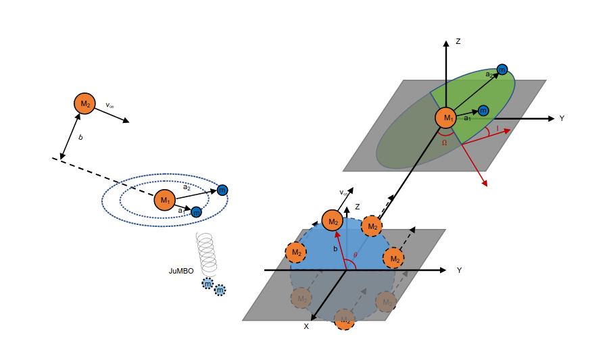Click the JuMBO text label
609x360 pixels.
point(180,271)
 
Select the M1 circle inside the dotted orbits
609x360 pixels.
point(164,200)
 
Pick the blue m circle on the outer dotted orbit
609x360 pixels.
point(222,190)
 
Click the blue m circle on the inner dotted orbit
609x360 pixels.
point(196,212)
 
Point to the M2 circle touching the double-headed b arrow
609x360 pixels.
point(84,103)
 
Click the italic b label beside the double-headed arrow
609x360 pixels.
point(80,138)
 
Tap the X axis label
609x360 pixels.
point(306,326)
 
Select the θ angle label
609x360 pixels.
point(355,256)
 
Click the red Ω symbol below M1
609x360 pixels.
point(444,143)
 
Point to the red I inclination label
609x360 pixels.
point(497,128)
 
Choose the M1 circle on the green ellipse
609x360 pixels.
point(446,118)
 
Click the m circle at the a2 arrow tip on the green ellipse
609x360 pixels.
point(502,70)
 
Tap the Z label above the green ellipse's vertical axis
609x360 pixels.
point(458,42)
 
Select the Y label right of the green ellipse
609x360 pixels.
point(562,118)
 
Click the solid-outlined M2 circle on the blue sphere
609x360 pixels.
point(332,220)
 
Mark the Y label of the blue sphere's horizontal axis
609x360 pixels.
point(459,270)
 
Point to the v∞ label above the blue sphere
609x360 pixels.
point(344,193)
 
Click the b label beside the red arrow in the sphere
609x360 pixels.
point(335,249)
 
